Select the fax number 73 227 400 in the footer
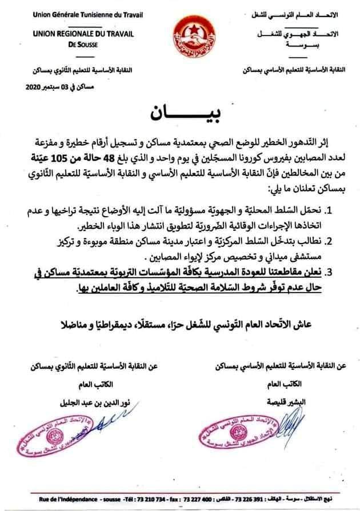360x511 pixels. click(x=194, y=495)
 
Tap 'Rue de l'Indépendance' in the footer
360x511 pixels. click(x=57, y=495)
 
